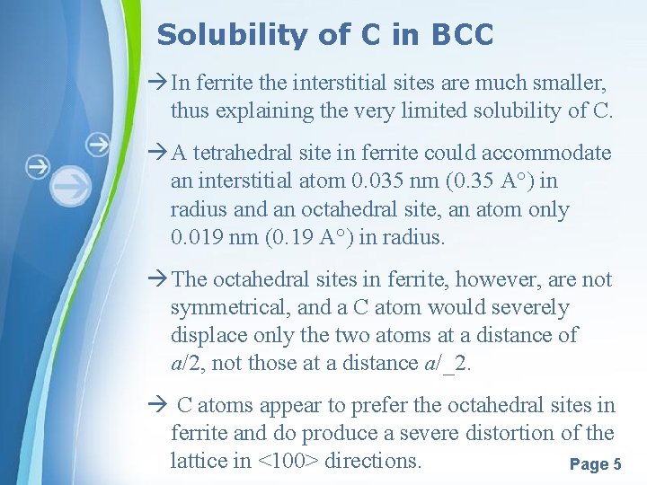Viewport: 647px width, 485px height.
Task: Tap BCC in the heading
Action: click(462, 35)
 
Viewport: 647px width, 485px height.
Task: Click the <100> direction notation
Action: click(288, 461)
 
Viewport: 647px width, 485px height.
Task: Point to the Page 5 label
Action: click(595, 464)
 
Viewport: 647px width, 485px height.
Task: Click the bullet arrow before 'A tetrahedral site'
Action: click(157, 153)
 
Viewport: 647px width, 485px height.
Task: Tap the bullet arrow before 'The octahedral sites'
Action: click(157, 279)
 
